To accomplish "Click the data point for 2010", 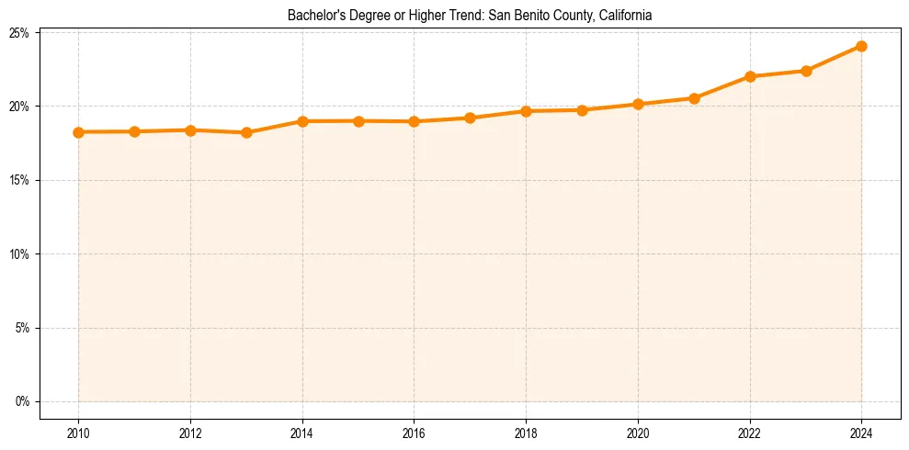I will (x=78, y=132).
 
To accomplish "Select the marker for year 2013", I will (x=246, y=132).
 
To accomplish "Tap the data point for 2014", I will (x=302, y=121).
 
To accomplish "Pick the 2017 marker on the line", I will (x=470, y=118).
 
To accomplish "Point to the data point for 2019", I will (x=582, y=110).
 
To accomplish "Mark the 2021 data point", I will (x=694, y=98).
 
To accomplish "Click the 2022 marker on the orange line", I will (x=750, y=76).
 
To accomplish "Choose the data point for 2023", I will (x=806, y=71).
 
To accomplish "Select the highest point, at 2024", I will (x=861, y=46).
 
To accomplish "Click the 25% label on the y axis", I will (x=19, y=33).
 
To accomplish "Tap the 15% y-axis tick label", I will (x=19, y=180).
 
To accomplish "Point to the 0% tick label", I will (x=22, y=401).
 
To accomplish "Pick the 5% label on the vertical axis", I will (x=22, y=328).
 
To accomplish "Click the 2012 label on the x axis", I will (x=190, y=433).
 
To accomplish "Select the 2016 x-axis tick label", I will (x=414, y=433).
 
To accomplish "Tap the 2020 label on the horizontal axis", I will (x=638, y=433).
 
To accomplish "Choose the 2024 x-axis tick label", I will (x=861, y=433).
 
